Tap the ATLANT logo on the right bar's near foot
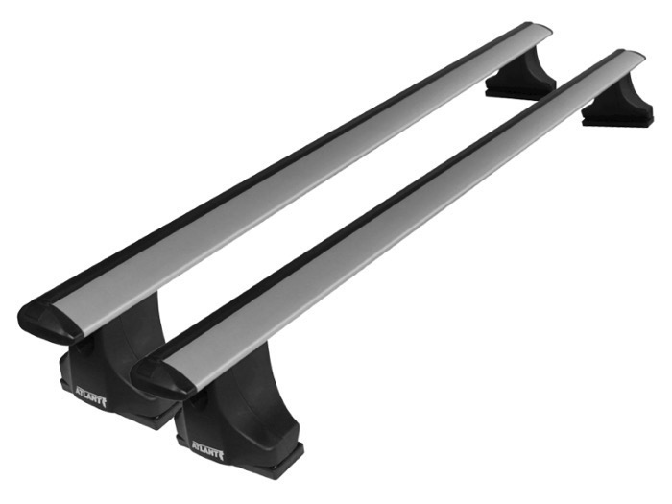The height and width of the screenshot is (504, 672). (207, 450)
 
